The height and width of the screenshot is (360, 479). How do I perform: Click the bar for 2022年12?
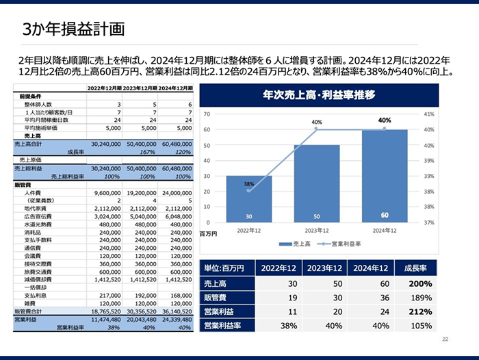(248, 198)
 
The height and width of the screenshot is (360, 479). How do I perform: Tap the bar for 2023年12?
(316, 183)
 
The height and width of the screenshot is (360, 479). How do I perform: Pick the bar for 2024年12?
(385, 175)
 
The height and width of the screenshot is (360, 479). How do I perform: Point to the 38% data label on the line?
(249, 184)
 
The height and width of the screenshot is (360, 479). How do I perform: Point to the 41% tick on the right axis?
(429, 114)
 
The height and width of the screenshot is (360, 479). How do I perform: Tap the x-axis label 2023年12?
(316, 231)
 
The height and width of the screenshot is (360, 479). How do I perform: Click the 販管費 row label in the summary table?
(216, 297)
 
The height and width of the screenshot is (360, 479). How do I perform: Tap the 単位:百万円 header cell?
(226, 268)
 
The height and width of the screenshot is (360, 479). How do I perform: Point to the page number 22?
(445, 338)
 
